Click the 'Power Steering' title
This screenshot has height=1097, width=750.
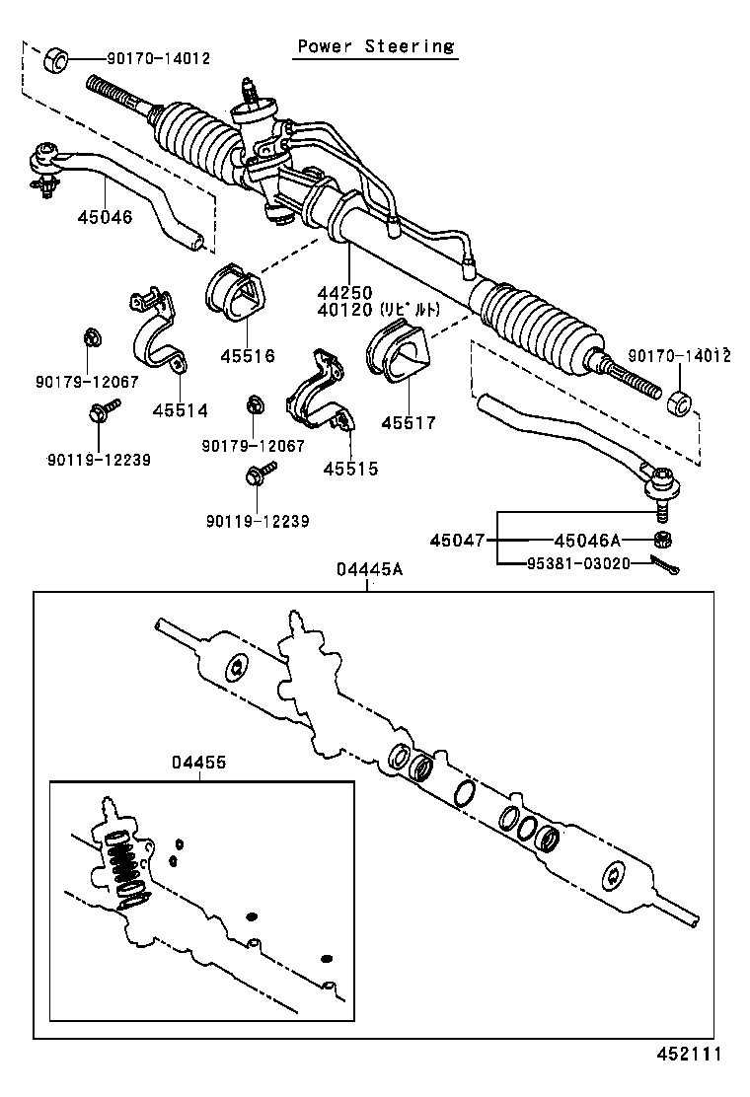376,46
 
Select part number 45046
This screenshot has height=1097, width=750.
105,216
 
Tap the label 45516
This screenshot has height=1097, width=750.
247,356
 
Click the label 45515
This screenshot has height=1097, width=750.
350,469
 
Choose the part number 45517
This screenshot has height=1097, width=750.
408,422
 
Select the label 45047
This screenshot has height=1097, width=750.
458,540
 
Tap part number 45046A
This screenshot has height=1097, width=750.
587,540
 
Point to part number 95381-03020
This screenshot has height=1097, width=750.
563,564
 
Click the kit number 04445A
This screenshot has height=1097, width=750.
368,571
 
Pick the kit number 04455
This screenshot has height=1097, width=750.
198,762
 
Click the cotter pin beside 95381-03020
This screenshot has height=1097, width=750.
667,565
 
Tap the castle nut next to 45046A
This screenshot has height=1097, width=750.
664,540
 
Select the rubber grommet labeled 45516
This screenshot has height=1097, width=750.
234,292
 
